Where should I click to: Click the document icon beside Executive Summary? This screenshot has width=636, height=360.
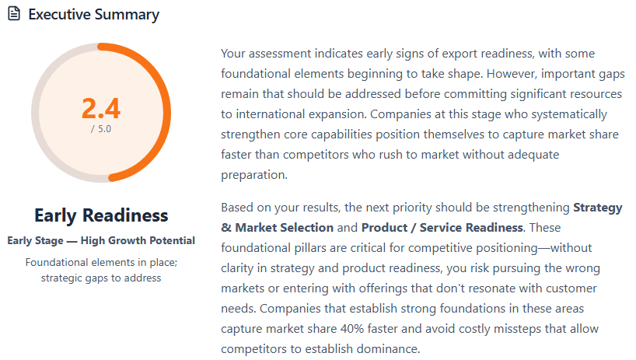(14, 15)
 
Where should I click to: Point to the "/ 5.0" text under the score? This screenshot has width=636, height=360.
(101, 129)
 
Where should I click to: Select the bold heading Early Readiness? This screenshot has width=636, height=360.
(101, 215)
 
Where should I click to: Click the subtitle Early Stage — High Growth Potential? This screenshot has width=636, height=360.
(101, 240)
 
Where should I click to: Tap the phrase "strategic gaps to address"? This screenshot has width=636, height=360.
(101, 278)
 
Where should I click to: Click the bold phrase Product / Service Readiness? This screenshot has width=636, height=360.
(442, 228)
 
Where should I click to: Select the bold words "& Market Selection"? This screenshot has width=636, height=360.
(277, 228)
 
